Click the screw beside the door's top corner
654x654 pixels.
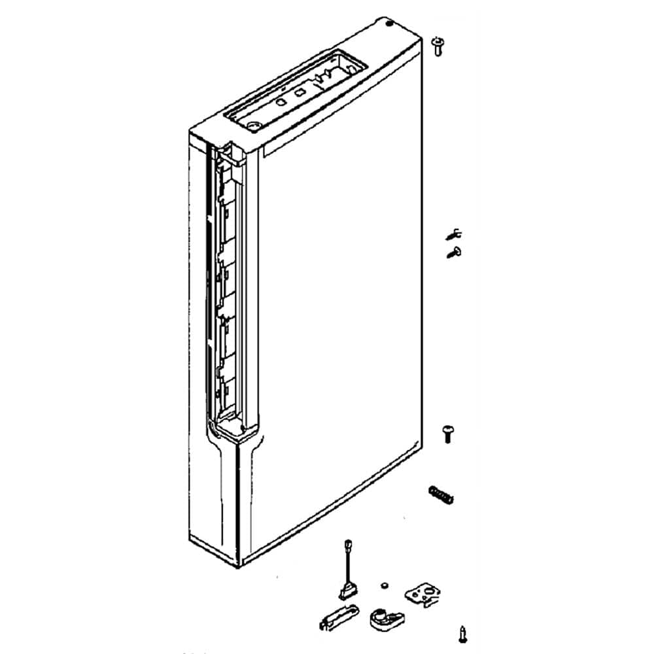pos(438,46)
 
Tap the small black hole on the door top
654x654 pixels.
pos(390,24)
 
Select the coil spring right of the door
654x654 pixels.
pos(441,495)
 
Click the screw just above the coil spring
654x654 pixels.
pos(449,432)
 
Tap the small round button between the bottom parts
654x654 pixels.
pos(384,582)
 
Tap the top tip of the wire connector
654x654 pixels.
pos(347,544)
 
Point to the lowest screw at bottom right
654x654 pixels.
pos(463,632)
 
